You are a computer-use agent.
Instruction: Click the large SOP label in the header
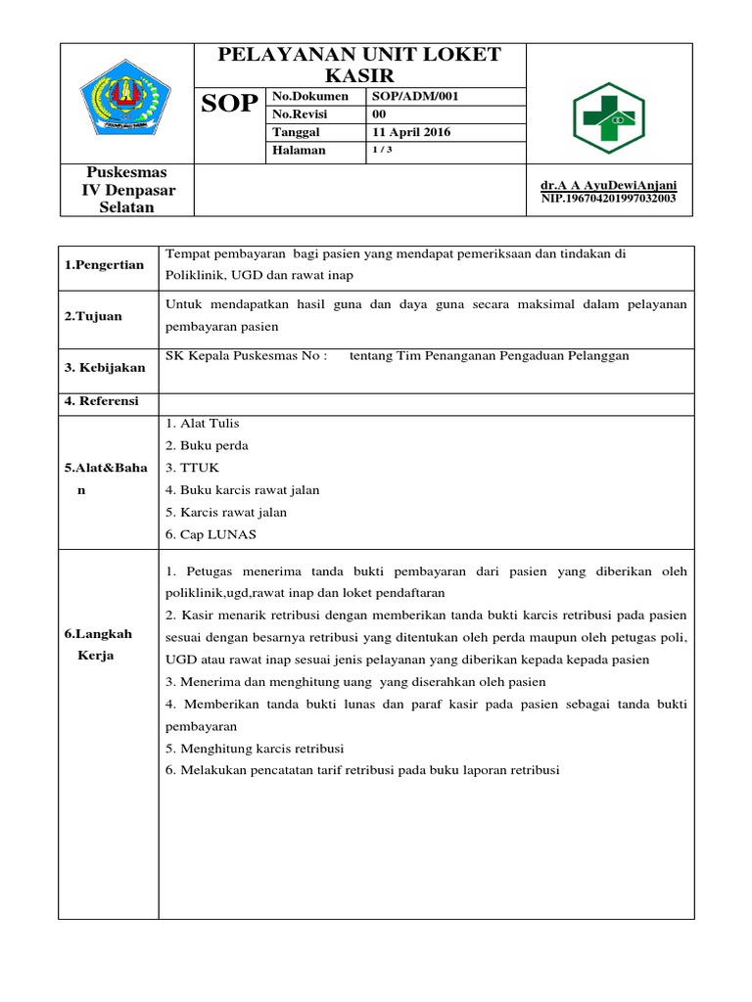[230, 105]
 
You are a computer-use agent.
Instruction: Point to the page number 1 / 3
[382, 150]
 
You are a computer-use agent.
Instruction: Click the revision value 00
[380, 114]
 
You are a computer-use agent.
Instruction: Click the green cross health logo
[609, 116]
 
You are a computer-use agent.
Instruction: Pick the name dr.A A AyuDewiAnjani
[608, 185]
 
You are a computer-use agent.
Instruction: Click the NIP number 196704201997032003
[608, 199]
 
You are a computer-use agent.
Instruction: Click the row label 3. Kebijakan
[106, 367]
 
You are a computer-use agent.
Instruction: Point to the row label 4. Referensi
[103, 401]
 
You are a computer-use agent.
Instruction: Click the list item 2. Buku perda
[207, 445]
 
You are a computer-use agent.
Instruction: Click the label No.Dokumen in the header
[310, 96]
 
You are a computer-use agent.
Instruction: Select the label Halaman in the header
[300, 151]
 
